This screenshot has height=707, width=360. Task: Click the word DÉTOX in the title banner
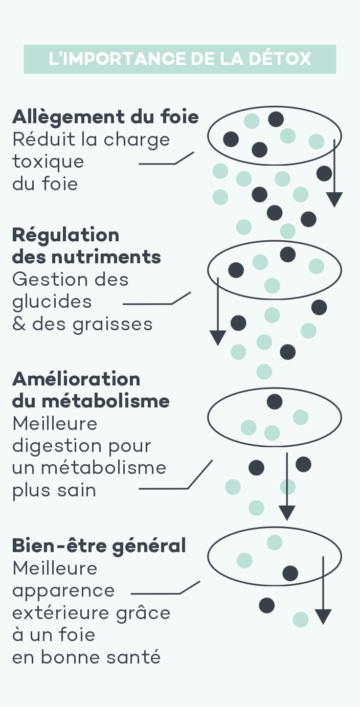280,59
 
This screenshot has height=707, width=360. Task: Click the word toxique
48,162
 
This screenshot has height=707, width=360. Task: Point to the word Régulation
65,235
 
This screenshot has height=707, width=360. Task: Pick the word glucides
52,302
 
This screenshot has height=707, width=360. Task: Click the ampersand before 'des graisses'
19,324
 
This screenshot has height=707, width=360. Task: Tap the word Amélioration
76,379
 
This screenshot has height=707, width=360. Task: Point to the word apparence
63,590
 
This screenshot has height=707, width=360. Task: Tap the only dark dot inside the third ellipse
275,402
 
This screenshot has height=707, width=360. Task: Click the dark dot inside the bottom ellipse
290,573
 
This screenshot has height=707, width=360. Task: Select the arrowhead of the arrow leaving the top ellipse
334,200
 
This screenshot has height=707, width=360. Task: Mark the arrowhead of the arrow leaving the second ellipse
218,337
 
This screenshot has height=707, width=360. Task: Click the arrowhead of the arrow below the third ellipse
287,512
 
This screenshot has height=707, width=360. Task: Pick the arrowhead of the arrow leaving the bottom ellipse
323,617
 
